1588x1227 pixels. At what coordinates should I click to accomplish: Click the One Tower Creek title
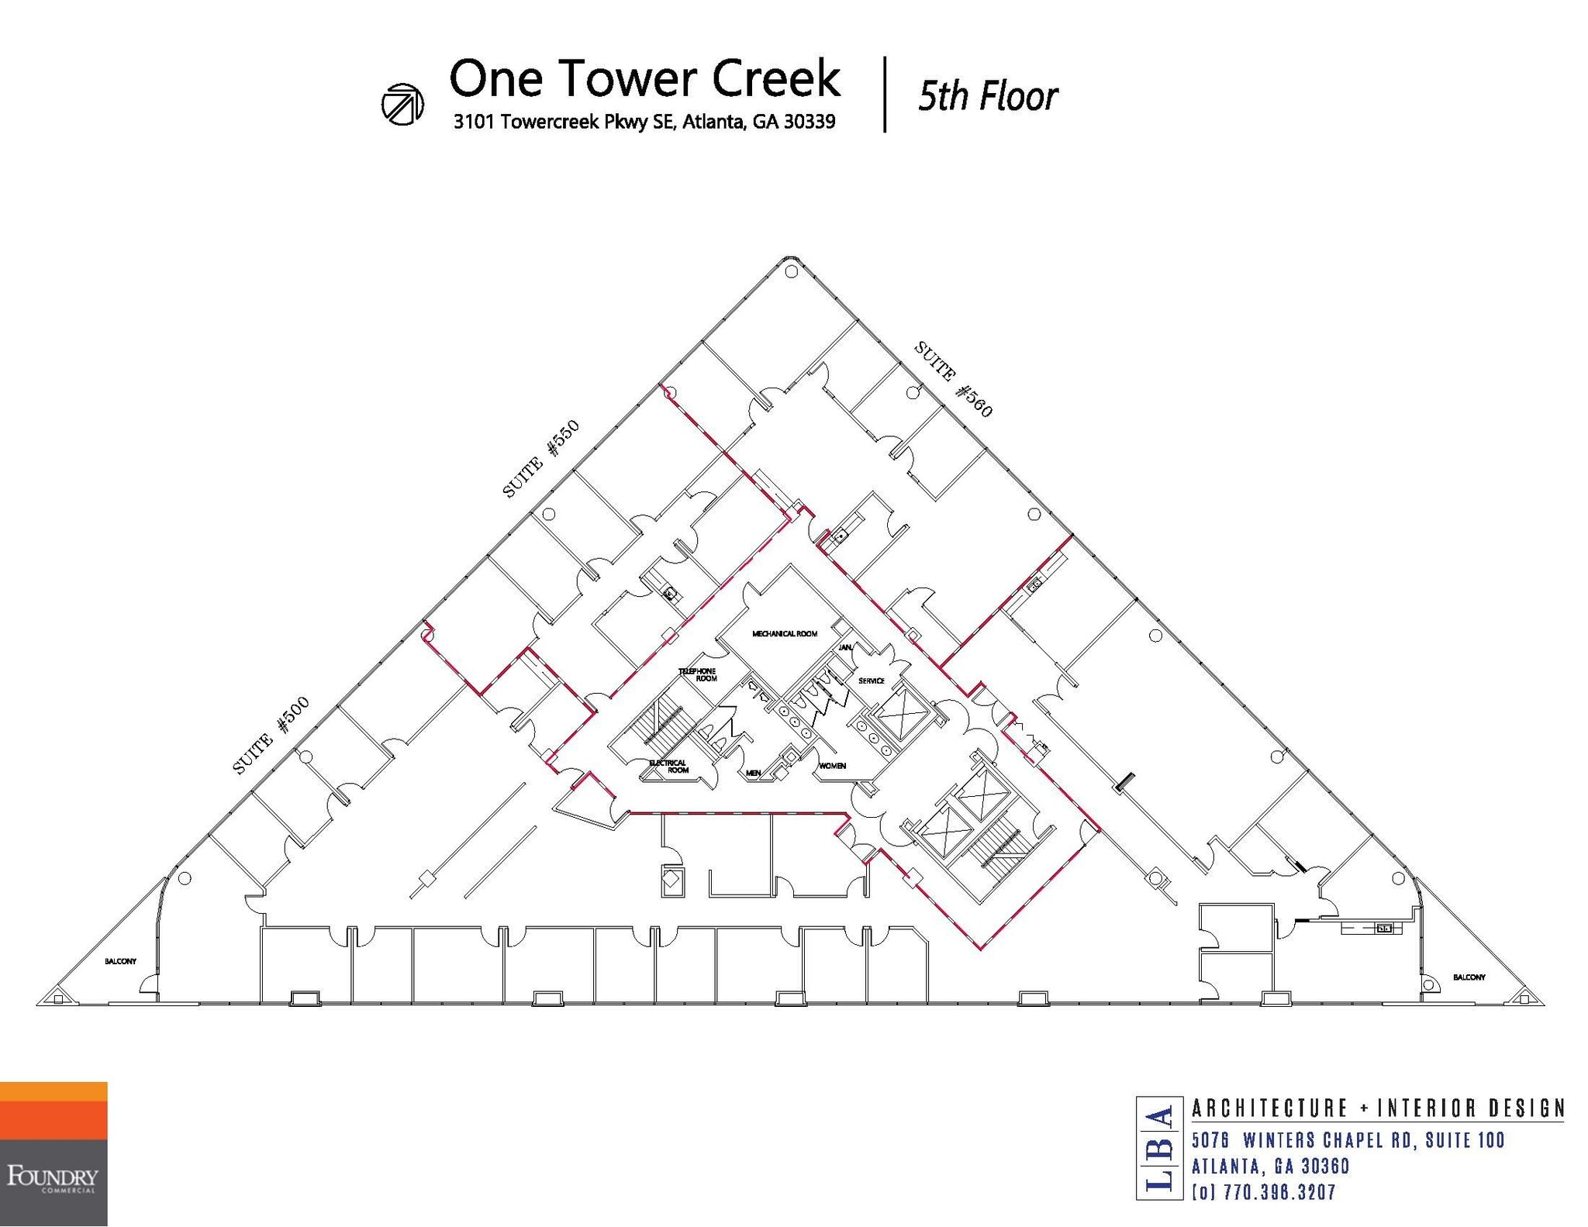[644, 80]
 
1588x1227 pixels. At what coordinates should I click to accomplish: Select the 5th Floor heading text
[987, 97]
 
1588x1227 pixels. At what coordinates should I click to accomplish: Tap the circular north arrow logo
[402, 103]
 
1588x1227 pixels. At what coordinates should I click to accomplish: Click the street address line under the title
[644, 122]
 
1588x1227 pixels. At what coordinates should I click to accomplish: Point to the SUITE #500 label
[271, 735]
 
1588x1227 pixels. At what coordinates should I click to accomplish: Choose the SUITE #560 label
[953, 379]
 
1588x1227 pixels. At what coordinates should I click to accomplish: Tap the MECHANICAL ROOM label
[784, 633]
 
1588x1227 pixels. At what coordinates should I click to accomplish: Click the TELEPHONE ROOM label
[698, 674]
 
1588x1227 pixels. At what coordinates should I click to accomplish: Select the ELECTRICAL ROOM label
[668, 766]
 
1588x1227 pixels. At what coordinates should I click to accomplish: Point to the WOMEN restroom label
[832, 765]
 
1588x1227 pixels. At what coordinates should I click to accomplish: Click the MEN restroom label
[753, 773]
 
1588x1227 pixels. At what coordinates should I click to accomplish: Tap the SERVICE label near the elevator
[872, 681]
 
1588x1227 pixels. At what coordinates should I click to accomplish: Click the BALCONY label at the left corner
[120, 961]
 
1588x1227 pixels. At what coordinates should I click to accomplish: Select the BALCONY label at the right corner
[1469, 977]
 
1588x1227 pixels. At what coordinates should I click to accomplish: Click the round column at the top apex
[791, 272]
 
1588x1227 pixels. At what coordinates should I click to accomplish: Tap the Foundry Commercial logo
[53, 1153]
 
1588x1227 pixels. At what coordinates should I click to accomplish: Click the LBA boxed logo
[1159, 1148]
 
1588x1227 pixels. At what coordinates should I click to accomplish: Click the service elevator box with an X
[897, 715]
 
